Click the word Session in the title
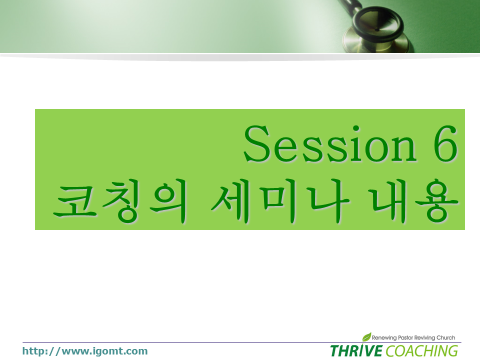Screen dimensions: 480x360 tap(330, 143)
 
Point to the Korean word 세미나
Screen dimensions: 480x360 tap(280, 201)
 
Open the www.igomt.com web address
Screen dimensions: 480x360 tap(85, 351)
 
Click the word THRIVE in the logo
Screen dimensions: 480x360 tap(356, 350)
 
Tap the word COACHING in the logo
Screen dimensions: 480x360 tap(422, 351)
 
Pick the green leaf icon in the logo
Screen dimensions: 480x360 tap(366, 336)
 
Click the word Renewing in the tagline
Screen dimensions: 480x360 tap(384, 337)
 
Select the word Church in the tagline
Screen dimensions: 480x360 tap(445, 337)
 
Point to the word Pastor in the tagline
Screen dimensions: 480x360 tap(405, 337)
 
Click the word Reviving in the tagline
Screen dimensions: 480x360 tap(424, 337)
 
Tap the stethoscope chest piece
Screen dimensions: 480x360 tap(377, 30)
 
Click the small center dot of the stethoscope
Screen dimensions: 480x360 tap(377, 29)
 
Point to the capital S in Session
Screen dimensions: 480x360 tap(256, 143)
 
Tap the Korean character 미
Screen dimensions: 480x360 tap(280, 201)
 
